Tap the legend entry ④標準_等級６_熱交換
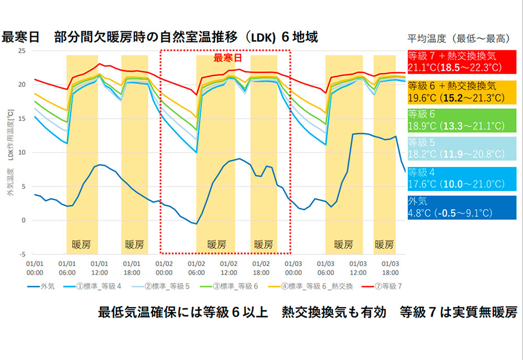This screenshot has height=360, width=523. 313,286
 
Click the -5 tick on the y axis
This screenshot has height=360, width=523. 22,254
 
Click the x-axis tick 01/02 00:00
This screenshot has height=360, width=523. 164,268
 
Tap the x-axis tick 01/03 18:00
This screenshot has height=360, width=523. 391,268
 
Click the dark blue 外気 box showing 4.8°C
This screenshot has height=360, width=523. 461,207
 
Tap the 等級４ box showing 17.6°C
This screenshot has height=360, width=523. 461,178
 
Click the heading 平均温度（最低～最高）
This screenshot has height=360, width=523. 461,38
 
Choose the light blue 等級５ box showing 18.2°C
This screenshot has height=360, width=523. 461,149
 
